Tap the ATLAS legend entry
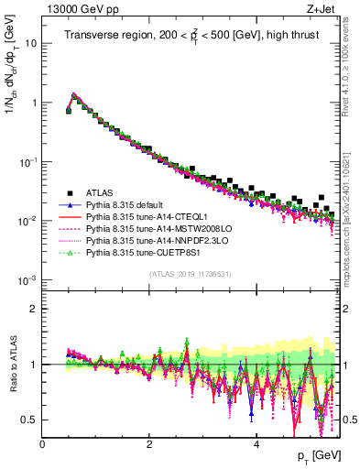click(x=99, y=192)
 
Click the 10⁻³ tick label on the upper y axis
click(x=27, y=280)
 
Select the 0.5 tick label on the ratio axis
click(x=29, y=420)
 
